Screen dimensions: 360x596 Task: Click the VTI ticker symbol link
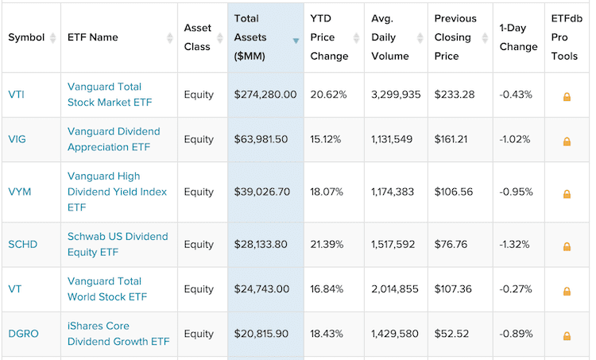(17, 95)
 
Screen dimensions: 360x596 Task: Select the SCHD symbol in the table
(23, 245)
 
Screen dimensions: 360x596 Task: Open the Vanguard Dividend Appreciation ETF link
(114, 139)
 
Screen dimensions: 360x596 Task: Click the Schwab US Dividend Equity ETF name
(118, 245)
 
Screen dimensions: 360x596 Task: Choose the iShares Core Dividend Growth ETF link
(118, 334)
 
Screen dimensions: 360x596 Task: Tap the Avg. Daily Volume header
(390, 37)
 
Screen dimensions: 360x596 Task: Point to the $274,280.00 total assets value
(265, 95)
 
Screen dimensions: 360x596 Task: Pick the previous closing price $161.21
(454, 139)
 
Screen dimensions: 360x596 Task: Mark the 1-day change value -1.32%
(515, 245)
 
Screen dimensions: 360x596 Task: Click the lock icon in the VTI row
(567, 96)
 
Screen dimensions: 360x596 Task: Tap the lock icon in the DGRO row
(567, 335)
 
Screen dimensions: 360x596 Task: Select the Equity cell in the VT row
(199, 289)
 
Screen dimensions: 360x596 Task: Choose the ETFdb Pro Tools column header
(567, 37)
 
